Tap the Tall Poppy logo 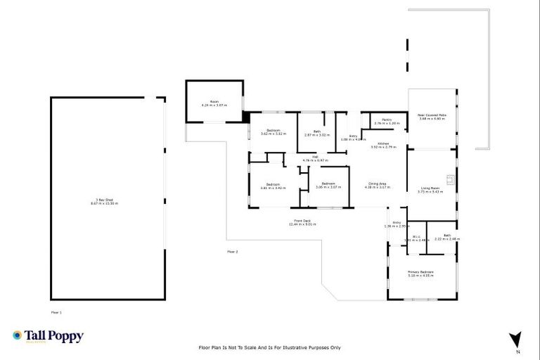click(48, 336)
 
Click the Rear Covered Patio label click(432, 117)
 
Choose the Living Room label click(430, 189)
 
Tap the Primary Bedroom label click(421, 273)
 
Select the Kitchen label click(383, 146)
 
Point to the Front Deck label click(304, 223)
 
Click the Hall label click(316, 158)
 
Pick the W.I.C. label click(416, 238)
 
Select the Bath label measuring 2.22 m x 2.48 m click(447, 237)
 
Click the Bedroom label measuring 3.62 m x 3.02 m click(274, 131)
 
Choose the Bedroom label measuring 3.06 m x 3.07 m click(328, 186)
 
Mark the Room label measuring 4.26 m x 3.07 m click(214, 103)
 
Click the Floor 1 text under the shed click(57, 311)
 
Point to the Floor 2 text click(233, 251)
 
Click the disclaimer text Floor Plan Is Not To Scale click(270, 348)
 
